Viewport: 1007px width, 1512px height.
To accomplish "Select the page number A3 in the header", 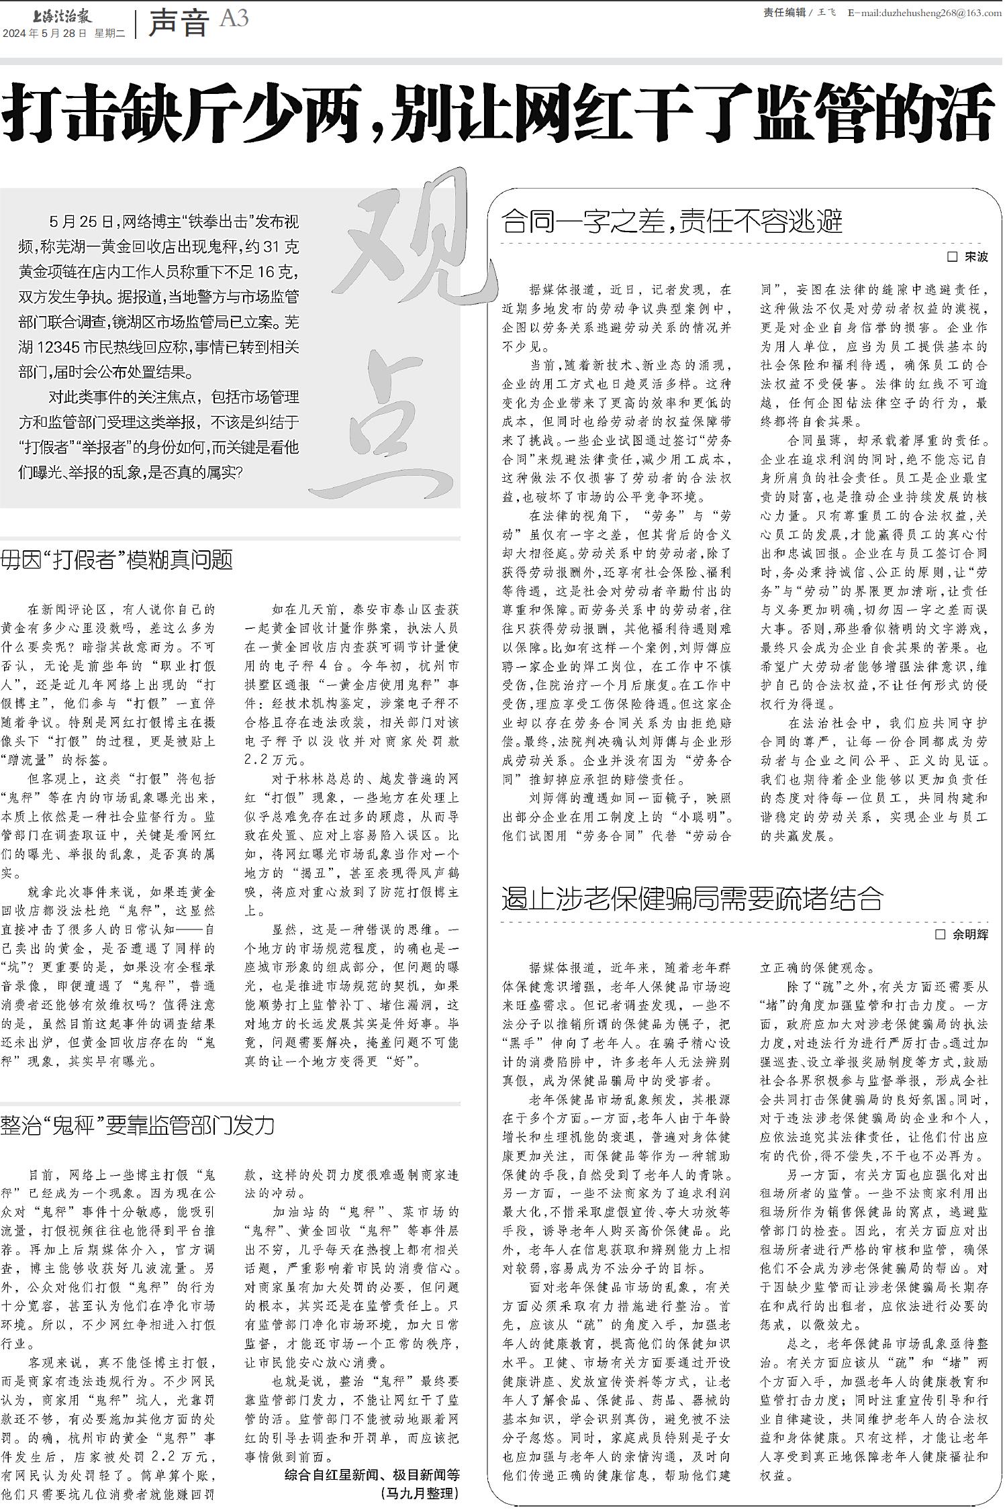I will [234, 18].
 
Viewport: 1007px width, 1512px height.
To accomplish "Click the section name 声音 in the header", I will [178, 23].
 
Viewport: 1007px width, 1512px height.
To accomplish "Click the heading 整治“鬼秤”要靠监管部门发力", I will [138, 1125].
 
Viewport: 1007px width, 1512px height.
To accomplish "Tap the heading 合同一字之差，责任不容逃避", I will [671, 220].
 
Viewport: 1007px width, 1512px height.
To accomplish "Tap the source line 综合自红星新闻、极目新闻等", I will [372, 1474].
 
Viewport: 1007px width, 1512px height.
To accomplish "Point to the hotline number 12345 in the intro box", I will [66, 347].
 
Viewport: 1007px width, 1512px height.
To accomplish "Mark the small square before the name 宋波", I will [952, 257].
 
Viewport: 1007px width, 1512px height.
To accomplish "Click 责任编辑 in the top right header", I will [784, 12].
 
